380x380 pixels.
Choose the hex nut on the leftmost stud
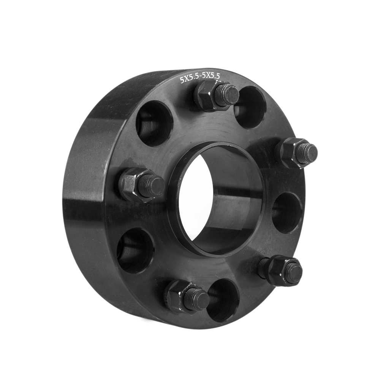[131, 184]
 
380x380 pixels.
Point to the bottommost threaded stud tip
[198, 299]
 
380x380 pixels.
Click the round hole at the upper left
[154, 123]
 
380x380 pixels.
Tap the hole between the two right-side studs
[287, 213]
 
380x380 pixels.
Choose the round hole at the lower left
[135, 250]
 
